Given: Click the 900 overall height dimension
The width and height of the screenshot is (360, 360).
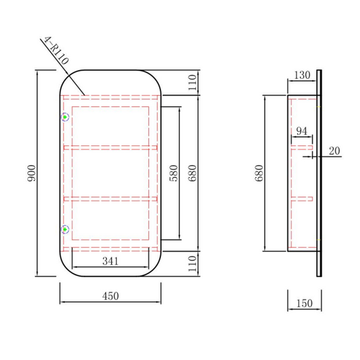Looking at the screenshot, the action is point(31,173).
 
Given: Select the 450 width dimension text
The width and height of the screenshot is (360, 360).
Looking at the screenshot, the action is point(110,296).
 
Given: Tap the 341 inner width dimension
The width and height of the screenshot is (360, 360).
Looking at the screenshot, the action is point(110,261).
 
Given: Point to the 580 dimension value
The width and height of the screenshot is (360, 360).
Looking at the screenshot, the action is point(174,173).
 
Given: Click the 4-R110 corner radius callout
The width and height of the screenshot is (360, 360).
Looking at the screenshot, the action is point(56,50).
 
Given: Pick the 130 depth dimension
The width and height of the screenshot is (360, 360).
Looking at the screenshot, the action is point(302,75).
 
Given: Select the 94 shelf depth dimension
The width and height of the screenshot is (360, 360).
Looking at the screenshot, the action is point(301,131).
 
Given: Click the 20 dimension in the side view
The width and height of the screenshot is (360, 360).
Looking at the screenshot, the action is point(334,151).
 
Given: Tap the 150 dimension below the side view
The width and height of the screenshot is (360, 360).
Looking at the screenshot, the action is point(304,303).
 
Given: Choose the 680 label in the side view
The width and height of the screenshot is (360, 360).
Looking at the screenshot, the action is point(259,173).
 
